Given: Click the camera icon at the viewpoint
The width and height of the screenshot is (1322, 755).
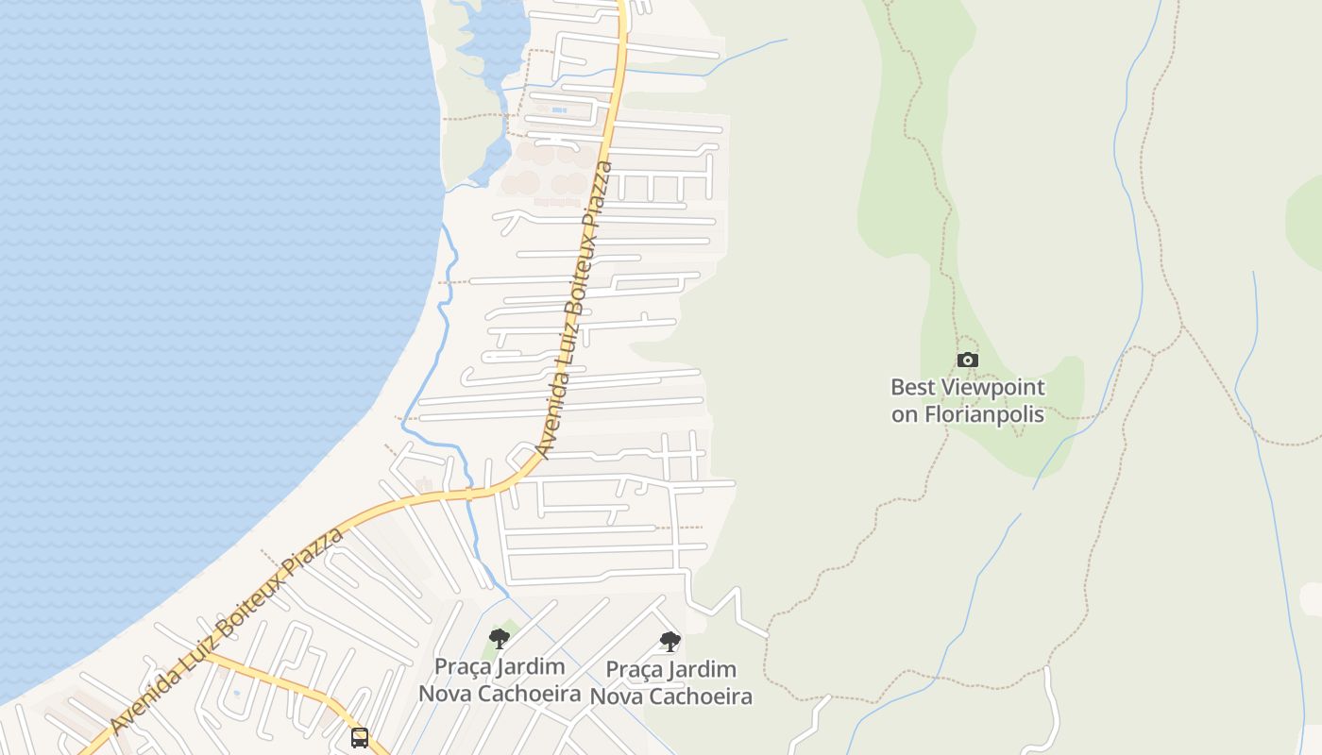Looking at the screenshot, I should pos(968,360).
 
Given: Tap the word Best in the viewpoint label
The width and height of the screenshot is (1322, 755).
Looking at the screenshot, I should pos(912,387).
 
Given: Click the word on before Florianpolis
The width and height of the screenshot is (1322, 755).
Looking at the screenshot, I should pos(905,413).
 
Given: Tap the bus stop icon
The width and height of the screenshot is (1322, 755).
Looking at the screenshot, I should pos(360,737).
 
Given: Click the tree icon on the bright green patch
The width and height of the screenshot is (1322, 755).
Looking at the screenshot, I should pos(500,639).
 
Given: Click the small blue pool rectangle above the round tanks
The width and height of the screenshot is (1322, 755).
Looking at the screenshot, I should pos(559,110).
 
